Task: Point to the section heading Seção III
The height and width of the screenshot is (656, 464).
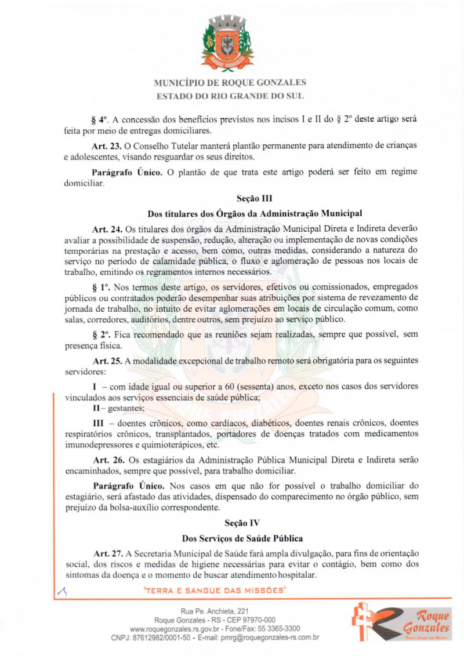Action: pyautogui.click(x=251, y=199)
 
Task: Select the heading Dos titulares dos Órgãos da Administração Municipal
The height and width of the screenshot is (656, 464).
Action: pyautogui.click(x=251, y=214)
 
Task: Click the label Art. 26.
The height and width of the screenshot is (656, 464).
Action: pyautogui.click(x=104, y=460)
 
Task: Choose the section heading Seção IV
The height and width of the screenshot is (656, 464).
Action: pyautogui.click(x=251, y=522)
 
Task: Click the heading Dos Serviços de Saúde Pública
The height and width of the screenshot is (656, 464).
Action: pyautogui.click(x=251, y=538)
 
